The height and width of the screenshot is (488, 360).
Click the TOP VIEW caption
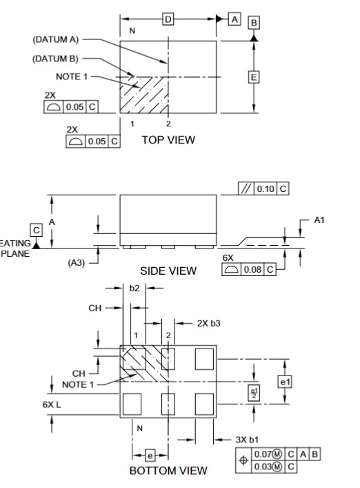(168, 139)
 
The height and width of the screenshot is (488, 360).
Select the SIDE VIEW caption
(168, 271)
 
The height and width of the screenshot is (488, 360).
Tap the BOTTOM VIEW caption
(168, 471)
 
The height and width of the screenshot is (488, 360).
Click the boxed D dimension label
(168, 19)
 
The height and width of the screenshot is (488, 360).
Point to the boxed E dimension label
(253, 77)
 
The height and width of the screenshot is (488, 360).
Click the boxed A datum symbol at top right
(235, 19)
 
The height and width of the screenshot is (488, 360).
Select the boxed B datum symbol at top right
(254, 23)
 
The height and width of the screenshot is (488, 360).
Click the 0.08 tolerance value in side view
(251, 269)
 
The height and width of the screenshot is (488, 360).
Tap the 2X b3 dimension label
(208, 322)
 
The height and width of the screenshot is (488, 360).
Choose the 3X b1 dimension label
(247, 439)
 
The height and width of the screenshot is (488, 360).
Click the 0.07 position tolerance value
(263, 453)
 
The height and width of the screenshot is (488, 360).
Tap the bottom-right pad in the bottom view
(204, 402)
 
